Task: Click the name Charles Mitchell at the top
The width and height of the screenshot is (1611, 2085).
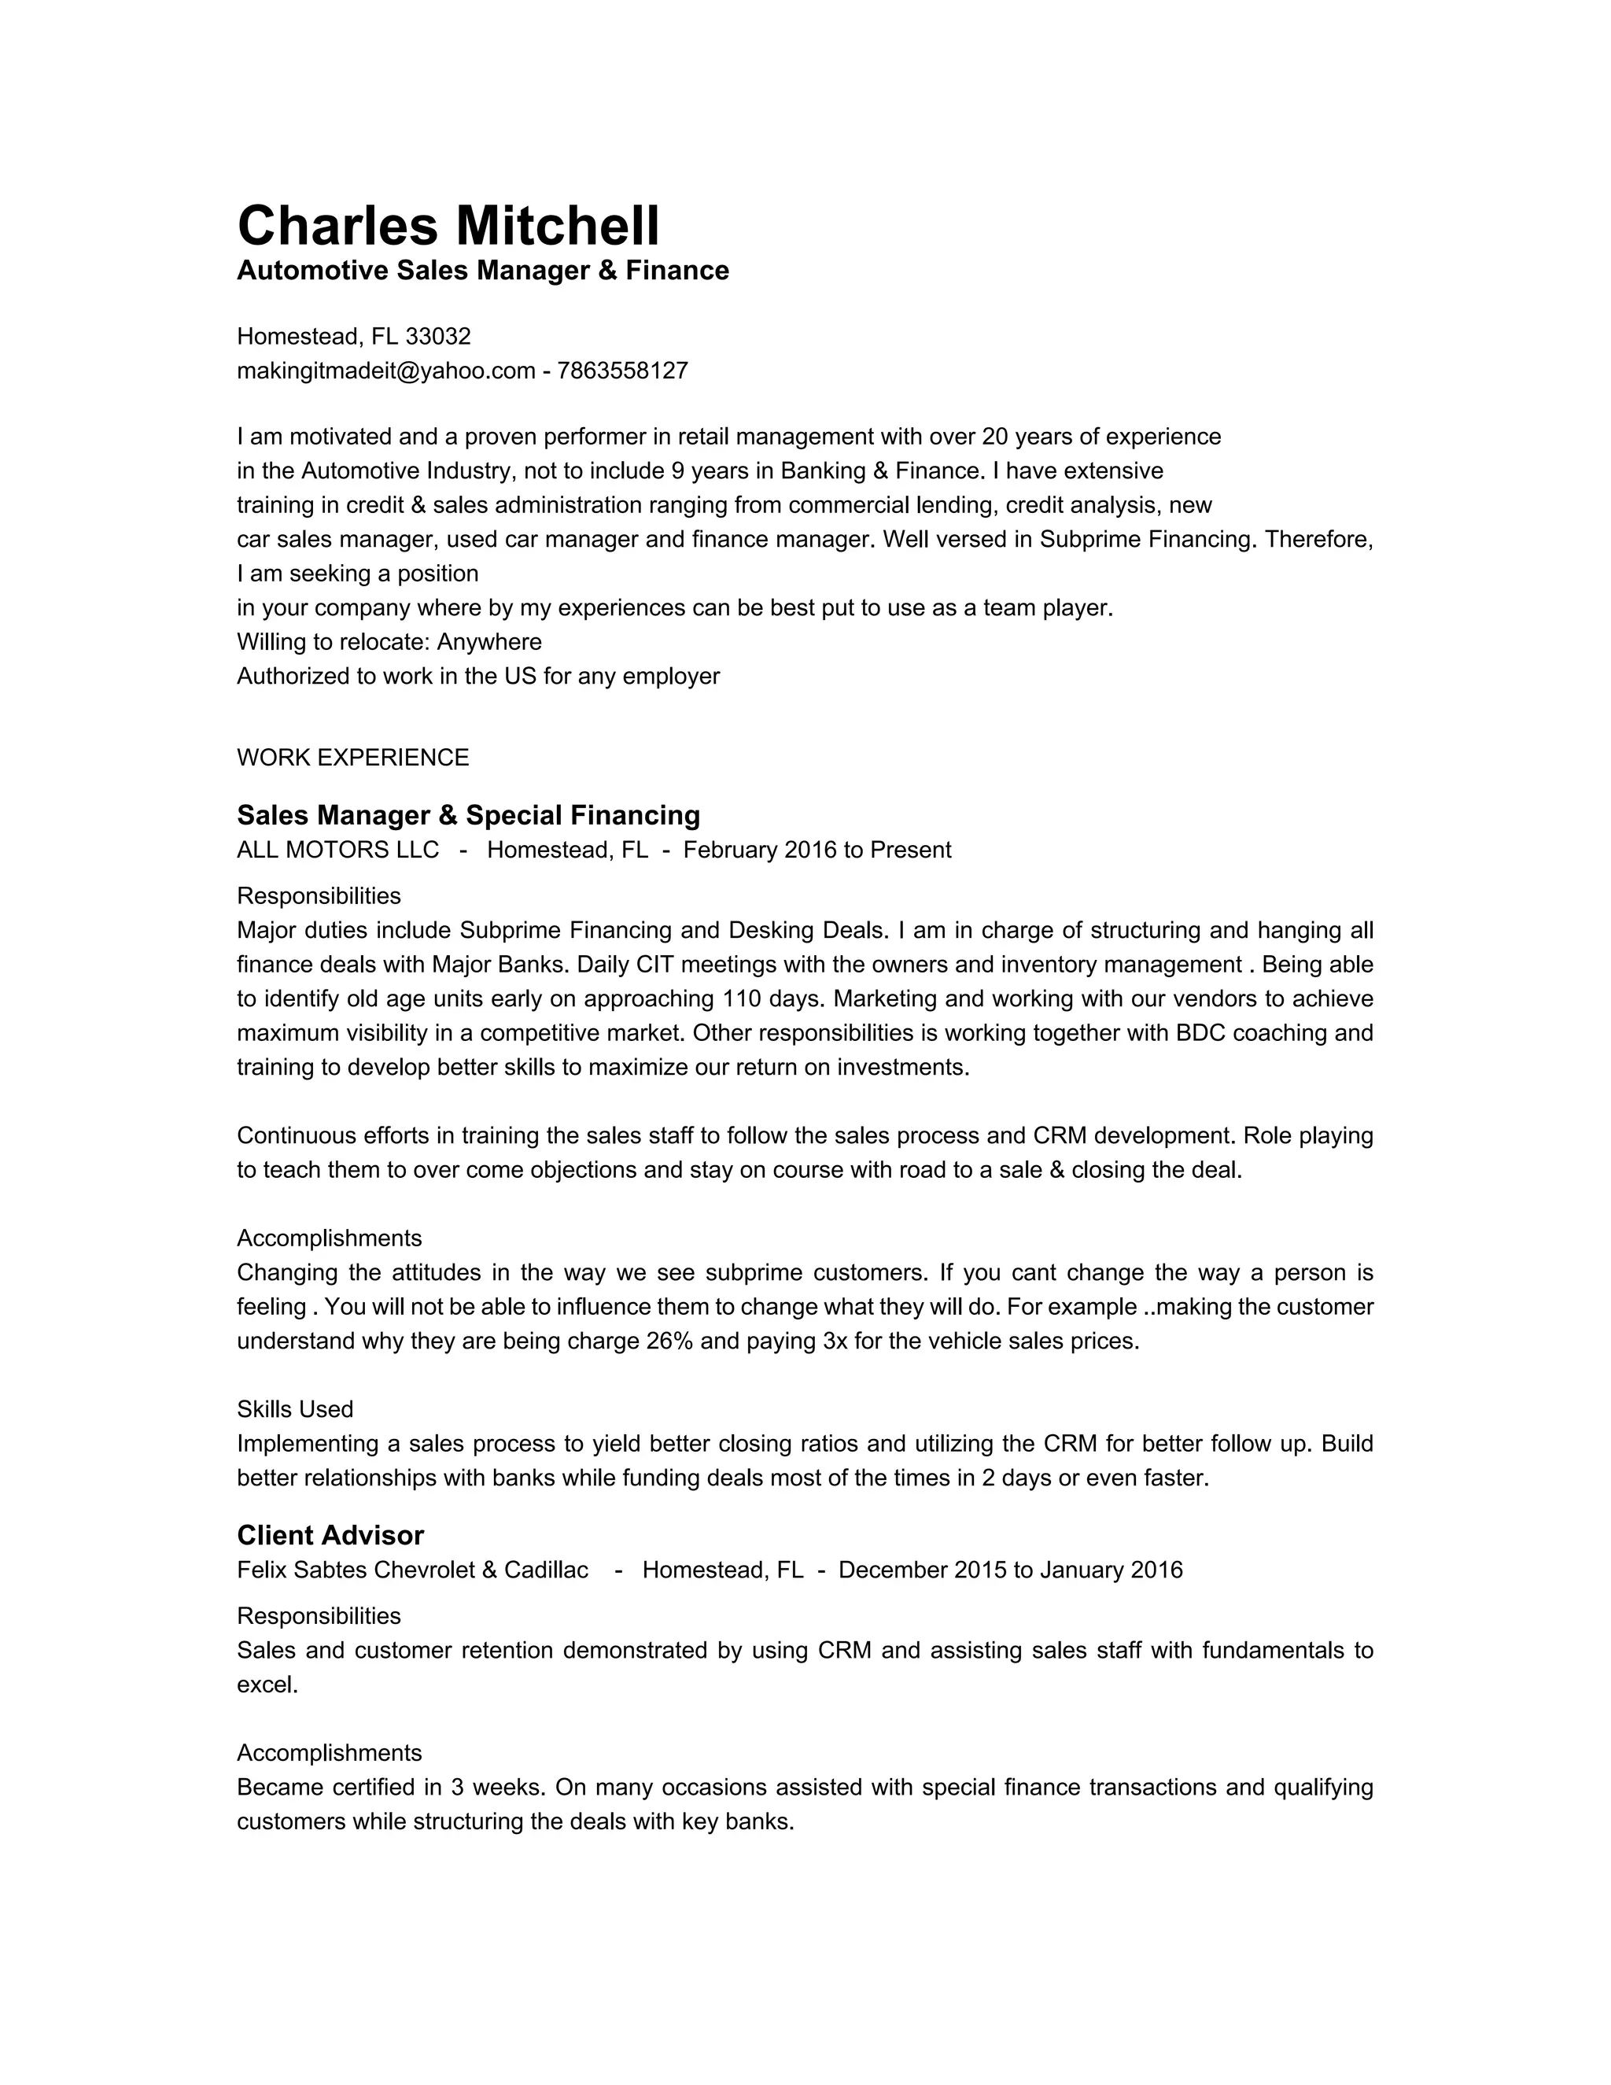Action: pos(448,227)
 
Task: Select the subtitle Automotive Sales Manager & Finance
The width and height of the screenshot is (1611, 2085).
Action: pos(482,271)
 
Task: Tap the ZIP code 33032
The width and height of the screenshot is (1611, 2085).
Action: pos(438,337)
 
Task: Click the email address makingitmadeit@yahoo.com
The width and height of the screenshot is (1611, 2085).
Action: pos(385,371)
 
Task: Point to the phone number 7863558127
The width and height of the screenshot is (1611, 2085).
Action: pos(622,371)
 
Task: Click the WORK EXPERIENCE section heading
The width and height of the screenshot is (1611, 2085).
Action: pos(352,758)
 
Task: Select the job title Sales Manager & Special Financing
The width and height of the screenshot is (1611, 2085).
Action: pos(468,815)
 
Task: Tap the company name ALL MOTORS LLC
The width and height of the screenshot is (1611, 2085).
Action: pos(337,851)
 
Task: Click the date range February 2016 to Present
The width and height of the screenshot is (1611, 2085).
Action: pos(817,851)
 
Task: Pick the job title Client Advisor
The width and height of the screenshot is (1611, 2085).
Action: pos(330,1535)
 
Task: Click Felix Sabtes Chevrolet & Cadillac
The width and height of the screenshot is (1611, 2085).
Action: pos(412,1570)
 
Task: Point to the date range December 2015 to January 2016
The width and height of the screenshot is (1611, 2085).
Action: pos(1010,1570)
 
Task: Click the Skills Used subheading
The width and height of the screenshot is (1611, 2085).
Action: pos(295,1409)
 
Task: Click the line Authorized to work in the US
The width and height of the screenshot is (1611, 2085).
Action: pos(477,677)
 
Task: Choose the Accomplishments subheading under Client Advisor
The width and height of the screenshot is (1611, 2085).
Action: pos(330,1753)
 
